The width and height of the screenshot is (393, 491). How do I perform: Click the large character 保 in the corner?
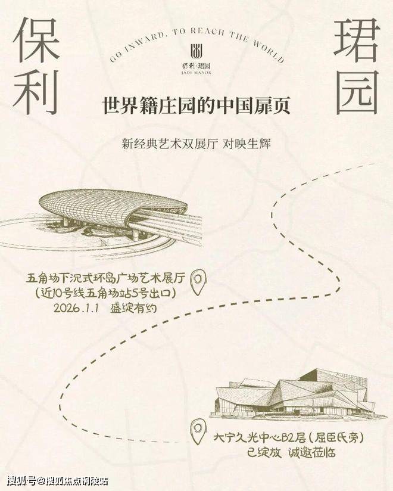37,39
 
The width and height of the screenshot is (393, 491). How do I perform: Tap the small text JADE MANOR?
196,73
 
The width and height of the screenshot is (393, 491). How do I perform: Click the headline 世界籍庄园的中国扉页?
196,106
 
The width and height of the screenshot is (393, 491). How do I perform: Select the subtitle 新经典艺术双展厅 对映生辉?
196,144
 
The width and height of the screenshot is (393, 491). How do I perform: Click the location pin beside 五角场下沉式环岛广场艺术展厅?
198,282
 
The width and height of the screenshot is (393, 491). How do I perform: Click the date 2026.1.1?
76,308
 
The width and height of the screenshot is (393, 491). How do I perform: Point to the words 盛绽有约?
133,308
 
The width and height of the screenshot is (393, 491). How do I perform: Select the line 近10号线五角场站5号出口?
104,293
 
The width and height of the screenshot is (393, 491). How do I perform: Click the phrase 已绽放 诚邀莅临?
291,453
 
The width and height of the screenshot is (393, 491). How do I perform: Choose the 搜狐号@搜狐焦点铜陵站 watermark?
58,481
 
